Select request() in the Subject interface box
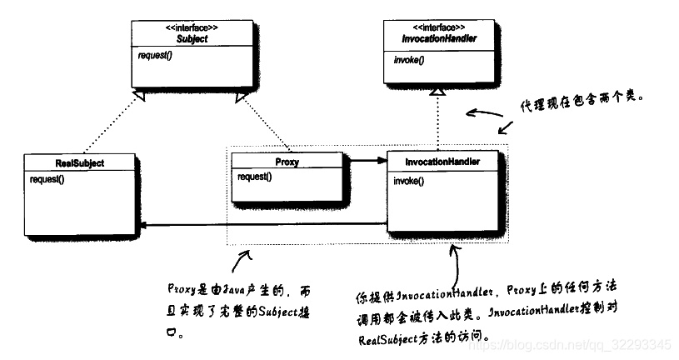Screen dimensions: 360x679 coord(157,57)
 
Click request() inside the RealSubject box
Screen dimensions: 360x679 coord(47,179)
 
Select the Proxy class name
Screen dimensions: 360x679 coord(286,162)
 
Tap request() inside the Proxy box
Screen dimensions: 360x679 coord(255,177)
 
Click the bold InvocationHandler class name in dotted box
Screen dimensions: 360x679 coord(441,161)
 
